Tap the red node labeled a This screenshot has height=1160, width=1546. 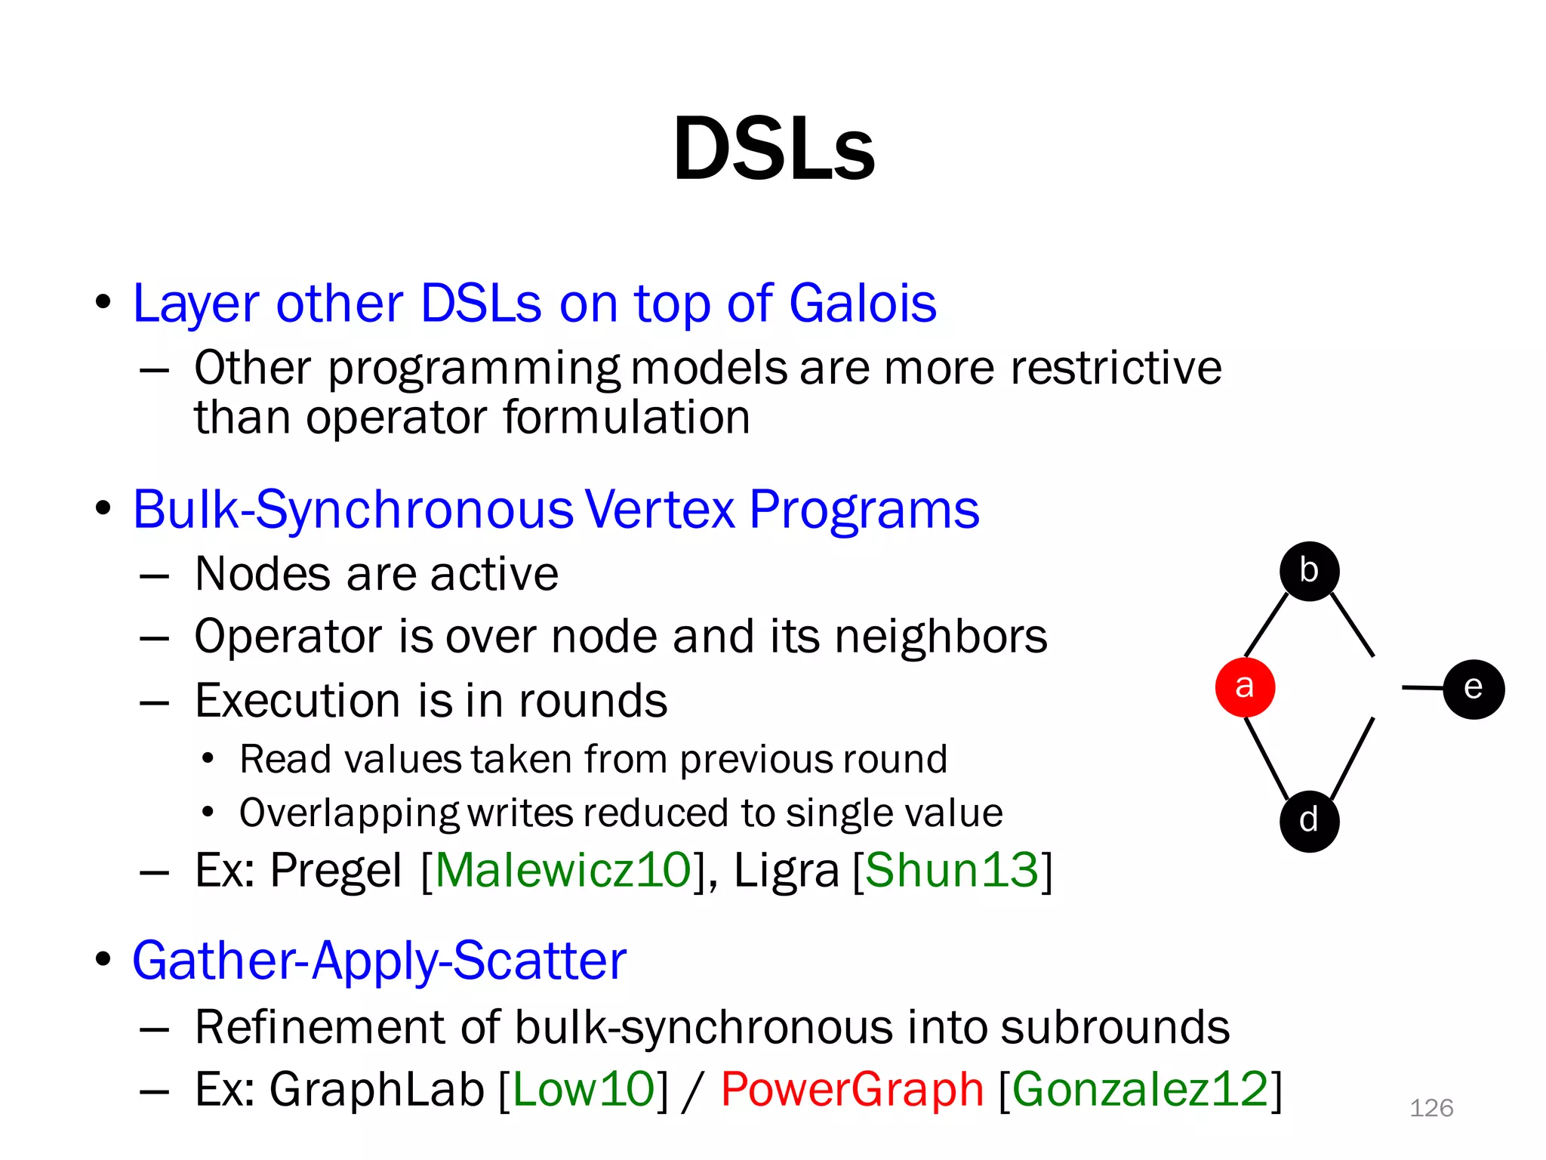[x=1245, y=686]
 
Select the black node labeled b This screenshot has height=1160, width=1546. [x=1309, y=571]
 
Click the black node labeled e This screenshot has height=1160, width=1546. [x=1473, y=688]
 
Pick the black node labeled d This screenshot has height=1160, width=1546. [x=1309, y=821]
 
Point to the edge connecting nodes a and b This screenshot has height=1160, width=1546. [x=1266, y=625]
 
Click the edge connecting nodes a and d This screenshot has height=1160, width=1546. [x=1267, y=758]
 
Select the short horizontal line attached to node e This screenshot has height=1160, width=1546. [x=1422, y=687]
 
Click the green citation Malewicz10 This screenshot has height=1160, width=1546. [x=563, y=870]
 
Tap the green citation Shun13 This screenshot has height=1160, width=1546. [x=952, y=870]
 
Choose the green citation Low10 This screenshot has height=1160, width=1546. [x=584, y=1089]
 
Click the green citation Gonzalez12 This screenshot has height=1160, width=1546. [x=1140, y=1089]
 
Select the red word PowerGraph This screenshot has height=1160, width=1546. [x=852, y=1089]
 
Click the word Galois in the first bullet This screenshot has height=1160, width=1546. [x=862, y=303]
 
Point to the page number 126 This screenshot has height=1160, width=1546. [x=1431, y=1108]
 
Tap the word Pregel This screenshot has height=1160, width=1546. [x=336, y=870]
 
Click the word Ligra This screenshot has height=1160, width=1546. [x=786, y=870]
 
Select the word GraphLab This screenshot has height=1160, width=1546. [x=377, y=1089]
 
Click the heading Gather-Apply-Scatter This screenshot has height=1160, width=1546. [x=380, y=961]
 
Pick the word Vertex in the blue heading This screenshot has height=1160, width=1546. [x=659, y=509]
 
